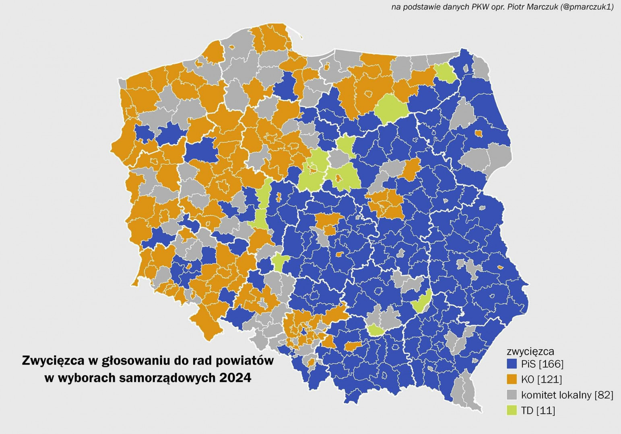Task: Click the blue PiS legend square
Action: click(x=512, y=364)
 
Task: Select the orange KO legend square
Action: click(x=512, y=379)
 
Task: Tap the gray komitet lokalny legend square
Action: click(x=512, y=395)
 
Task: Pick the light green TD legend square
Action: click(x=512, y=410)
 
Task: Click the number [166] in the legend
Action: click(x=551, y=364)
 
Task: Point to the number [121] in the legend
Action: click(x=549, y=379)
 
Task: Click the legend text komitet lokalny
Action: click(x=556, y=395)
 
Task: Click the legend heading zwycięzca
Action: click(x=530, y=352)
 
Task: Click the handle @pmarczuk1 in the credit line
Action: click(x=587, y=7)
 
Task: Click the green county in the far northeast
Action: click(x=445, y=72)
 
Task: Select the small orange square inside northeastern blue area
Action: click(x=479, y=133)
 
